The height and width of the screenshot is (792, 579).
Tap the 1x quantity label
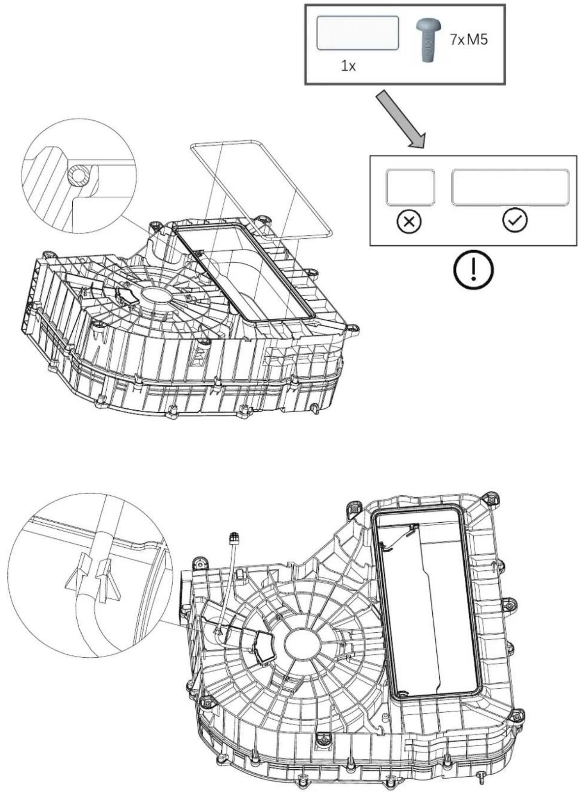pos(348,67)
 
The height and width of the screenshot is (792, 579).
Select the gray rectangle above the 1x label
pos(358,33)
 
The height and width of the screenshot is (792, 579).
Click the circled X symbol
pos(409,222)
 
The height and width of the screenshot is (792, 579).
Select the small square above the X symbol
pos(410,187)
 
